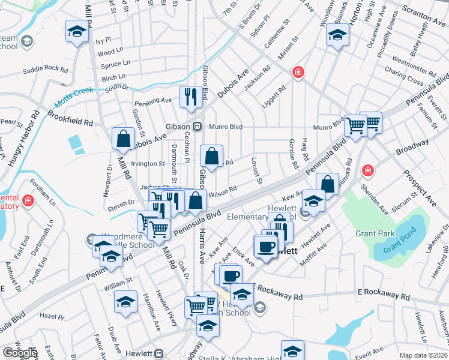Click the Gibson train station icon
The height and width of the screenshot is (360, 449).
(x=196, y=126)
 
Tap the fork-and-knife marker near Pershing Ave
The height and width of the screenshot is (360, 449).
(x=190, y=96)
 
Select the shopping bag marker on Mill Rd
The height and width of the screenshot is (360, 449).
(x=123, y=139)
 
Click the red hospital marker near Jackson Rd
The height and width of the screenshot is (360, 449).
(x=297, y=73)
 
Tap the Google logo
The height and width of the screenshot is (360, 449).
(x=19, y=353)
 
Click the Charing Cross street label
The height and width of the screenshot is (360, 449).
(x=405, y=78)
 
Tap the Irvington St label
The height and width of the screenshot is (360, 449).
(x=148, y=163)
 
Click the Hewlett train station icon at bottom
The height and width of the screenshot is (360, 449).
(x=160, y=354)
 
